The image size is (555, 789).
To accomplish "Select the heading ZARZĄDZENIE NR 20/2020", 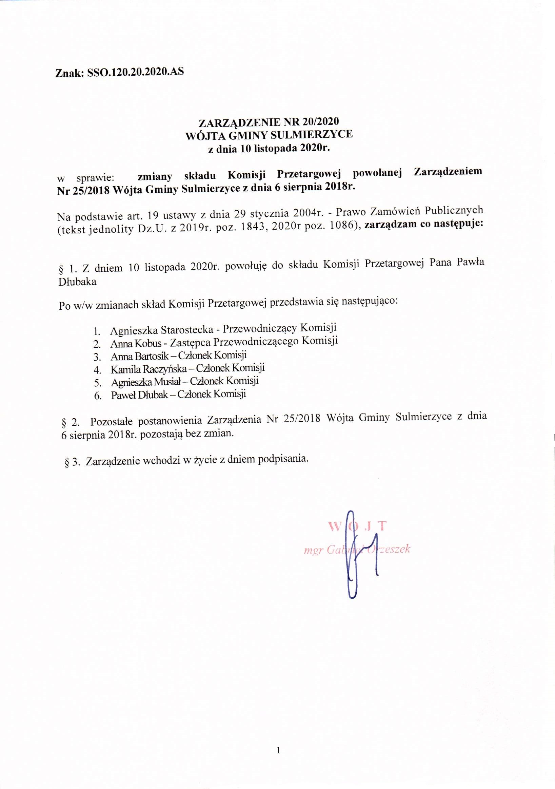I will [x=269, y=122].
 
